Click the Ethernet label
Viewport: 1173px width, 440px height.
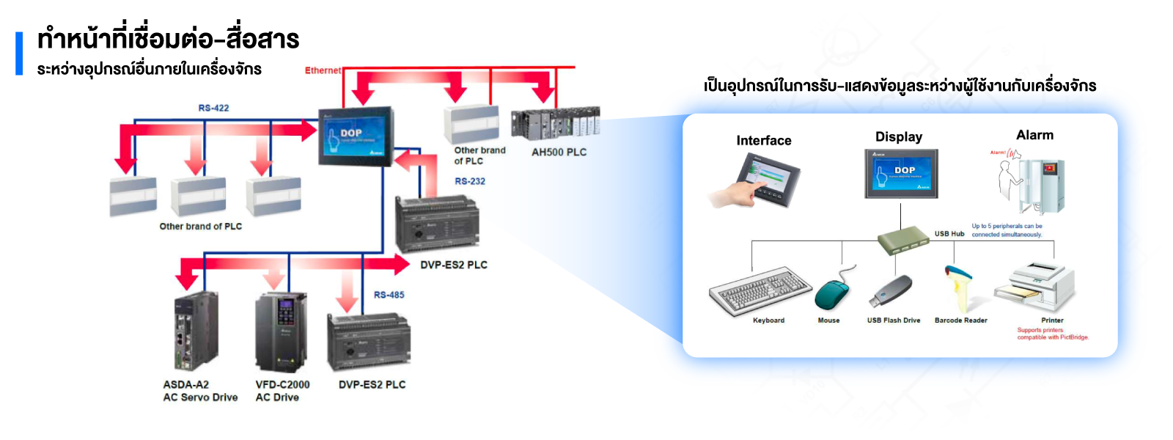coord(323,70)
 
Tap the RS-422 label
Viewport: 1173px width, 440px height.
coord(213,108)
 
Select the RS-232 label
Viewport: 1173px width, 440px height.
coord(470,181)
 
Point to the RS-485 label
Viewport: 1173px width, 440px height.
coord(389,295)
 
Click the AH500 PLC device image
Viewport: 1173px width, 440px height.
coord(555,123)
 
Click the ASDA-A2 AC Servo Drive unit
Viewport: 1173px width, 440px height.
coord(196,331)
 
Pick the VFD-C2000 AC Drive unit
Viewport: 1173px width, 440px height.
coord(280,332)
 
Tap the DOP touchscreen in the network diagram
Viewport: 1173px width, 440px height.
coord(356,136)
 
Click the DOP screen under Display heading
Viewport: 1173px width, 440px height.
coord(901,174)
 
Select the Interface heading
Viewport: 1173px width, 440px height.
coord(763,141)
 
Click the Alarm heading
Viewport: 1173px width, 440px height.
coord(1034,135)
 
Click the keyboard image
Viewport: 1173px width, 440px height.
coord(760,291)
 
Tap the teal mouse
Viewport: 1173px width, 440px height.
coord(832,294)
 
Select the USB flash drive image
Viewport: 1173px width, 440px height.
coord(890,292)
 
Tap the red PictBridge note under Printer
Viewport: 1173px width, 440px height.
coord(1052,334)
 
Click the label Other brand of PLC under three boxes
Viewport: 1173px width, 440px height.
coord(201,227)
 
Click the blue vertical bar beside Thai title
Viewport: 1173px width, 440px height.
coord(19,54)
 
